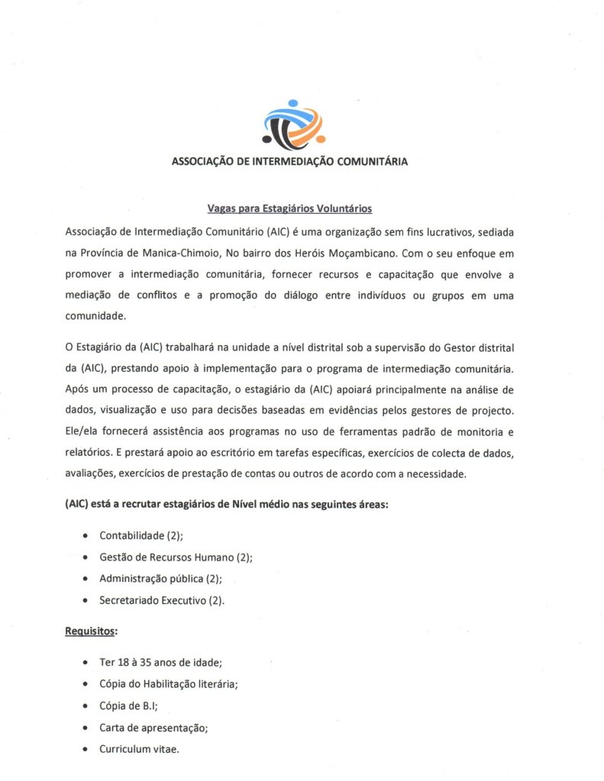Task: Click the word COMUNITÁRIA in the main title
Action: point(363,161)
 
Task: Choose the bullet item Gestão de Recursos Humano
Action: point(176,557)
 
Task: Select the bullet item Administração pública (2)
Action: point(160,579)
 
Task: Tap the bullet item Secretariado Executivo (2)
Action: point(162,600)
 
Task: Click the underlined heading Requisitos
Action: point(90,632)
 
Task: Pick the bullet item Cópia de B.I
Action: point(128,705)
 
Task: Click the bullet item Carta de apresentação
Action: point(153,728)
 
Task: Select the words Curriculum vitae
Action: point(139,749)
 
